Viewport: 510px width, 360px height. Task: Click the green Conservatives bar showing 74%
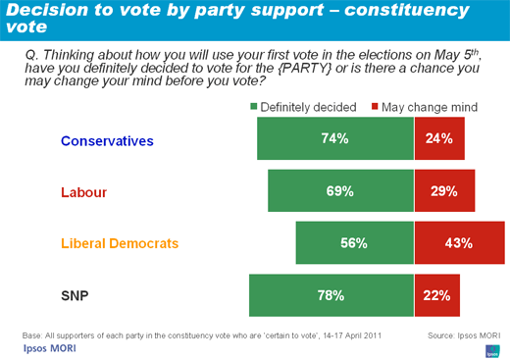pyautogui.click(x=334, y=138)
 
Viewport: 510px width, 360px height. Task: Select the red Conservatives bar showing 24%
pyautogui.click(x=438, y=138)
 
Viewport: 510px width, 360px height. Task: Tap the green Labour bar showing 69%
pyautogui.click(x=340, y=191)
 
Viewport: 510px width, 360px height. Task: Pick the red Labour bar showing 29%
pyautogui.click(x=444, y=191)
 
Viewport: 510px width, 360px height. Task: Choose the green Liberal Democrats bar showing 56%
pyautogui.click(x=354, y=243)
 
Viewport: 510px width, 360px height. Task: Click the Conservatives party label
pyautogui.click(x=108, y=140)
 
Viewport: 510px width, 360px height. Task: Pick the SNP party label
pyautogui.click(x=76, y=295)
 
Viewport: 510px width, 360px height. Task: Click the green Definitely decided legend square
pyautogui.click(x=254, y=104)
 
